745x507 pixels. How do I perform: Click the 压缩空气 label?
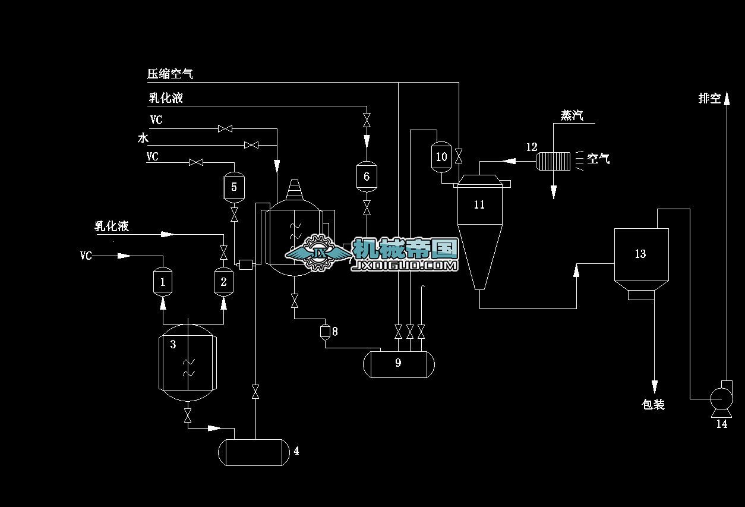coord(170,74)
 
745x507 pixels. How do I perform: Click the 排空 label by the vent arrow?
coord(709,98)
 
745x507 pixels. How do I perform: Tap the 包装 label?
coord(653,405)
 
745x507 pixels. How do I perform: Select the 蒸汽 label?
coord(572,115)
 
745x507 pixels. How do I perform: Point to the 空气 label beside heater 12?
coord(598,159)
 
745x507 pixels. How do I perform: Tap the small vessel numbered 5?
coord(234,187)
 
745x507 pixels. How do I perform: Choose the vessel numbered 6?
coord(367,176)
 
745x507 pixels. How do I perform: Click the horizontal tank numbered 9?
coord(398,363)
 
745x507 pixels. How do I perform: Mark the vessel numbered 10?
coord(441,157)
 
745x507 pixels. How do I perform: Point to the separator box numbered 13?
coord(640,256)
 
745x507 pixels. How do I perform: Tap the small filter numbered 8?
coord(324,331)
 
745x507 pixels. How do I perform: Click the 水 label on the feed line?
coord(143,138)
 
